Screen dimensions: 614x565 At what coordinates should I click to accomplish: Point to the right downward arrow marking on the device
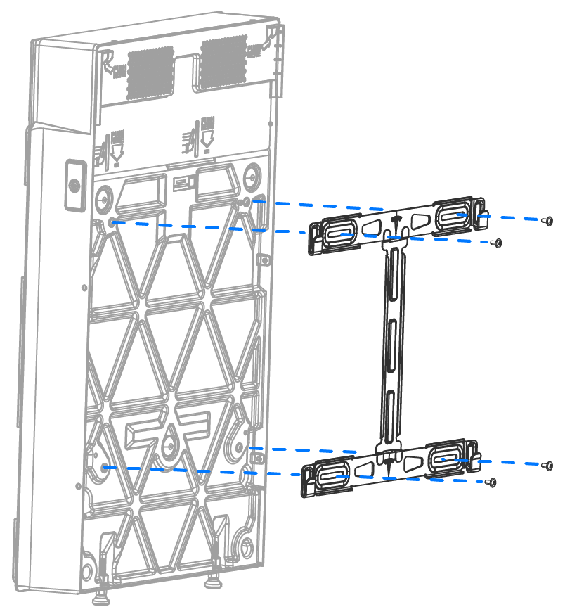click(207, 138)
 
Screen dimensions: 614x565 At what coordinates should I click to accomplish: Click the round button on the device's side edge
click(74, 185)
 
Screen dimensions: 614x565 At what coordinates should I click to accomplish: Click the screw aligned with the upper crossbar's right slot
click(549, 220)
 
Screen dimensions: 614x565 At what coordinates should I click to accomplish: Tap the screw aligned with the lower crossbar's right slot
click(549, 466)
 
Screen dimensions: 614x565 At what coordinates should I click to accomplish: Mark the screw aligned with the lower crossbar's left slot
click(492, 483)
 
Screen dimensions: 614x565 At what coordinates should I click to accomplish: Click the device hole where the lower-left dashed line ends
click(105, 467)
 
